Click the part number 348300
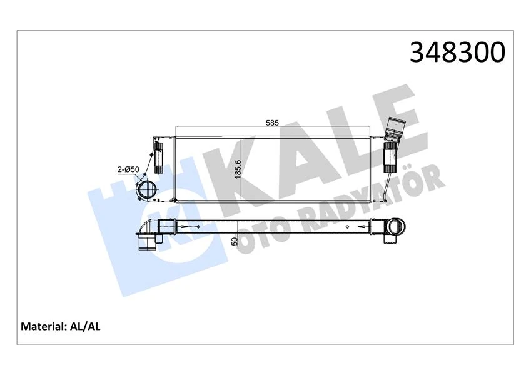[x=457, y=52]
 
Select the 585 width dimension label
[x=272, y=122]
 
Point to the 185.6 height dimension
[x=237, y=169]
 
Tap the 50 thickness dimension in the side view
[x=235, y=241]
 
